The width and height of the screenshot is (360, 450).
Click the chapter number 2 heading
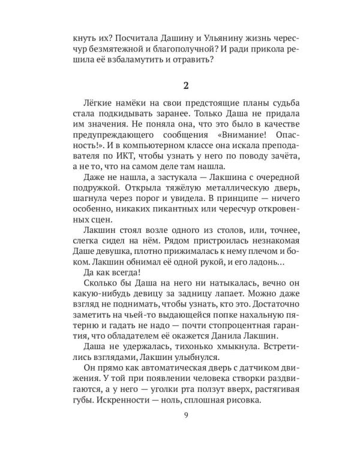click(180, 81)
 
